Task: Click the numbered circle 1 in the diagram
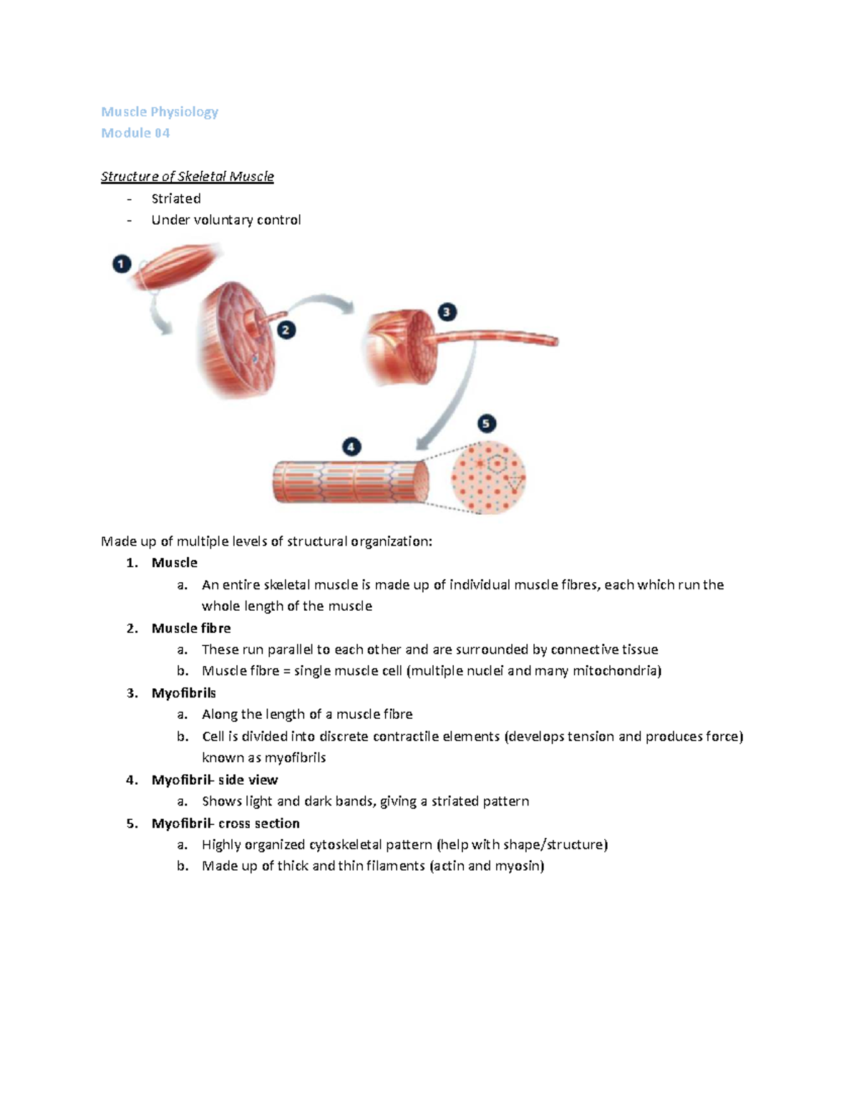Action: [121, 264]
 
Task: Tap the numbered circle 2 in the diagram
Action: [286, 330]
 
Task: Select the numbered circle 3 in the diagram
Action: [447, 312]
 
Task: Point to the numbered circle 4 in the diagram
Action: [351, 448]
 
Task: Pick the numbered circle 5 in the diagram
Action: [487, 423]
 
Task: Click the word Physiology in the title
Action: [184, 112]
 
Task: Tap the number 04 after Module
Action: [162, 133]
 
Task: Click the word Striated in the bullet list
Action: [175, 198]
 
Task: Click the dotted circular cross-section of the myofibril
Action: [488, 478]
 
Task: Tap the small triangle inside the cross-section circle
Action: [514, 485]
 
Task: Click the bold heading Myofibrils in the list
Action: [183, 693]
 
